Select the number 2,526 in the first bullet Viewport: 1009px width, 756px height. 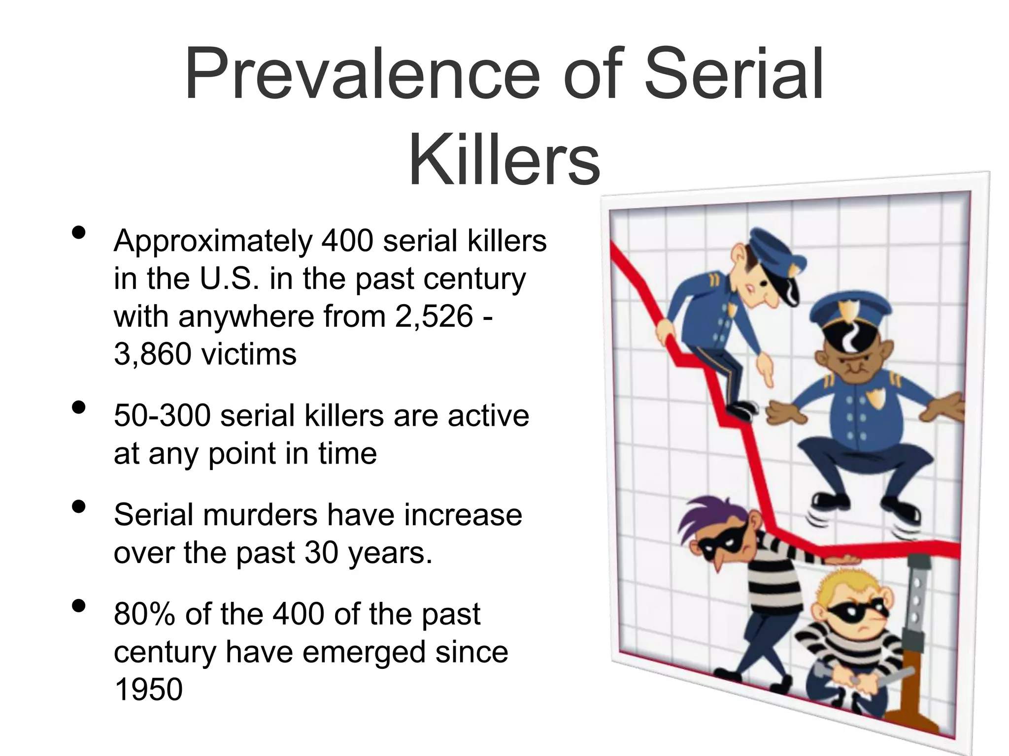[x=434, y=316]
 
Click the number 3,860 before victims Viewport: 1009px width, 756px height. [x=151, y=354]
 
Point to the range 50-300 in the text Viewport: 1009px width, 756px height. [x=162, y=415]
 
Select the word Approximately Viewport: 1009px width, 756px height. [x=213, y=242]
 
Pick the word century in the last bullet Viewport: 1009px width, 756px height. [x=165, y=652]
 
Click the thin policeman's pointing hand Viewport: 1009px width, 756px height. [x=764, y=374]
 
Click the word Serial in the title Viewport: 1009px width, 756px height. [x=734, y=74]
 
